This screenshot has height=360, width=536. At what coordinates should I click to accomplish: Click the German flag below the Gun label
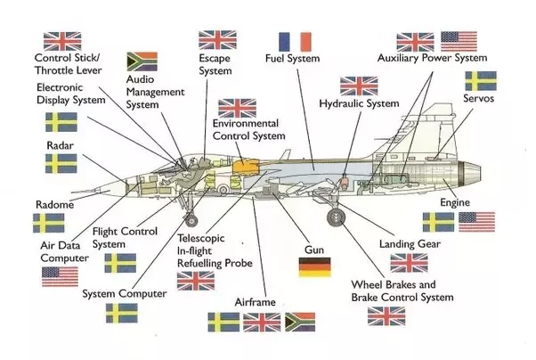[314, 266]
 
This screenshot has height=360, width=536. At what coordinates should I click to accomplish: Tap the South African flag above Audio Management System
[142, 61]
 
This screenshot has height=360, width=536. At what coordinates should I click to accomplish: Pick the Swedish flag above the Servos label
[482, 81]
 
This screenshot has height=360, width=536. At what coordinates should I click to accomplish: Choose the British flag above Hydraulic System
[359, 86]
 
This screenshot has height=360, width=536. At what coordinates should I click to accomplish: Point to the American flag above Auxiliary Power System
[459, 41]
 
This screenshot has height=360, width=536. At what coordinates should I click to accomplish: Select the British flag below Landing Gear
[409, 262]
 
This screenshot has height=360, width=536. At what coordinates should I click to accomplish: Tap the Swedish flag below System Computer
[121, 313]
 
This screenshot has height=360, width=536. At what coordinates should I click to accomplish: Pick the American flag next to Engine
[476, 221]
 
